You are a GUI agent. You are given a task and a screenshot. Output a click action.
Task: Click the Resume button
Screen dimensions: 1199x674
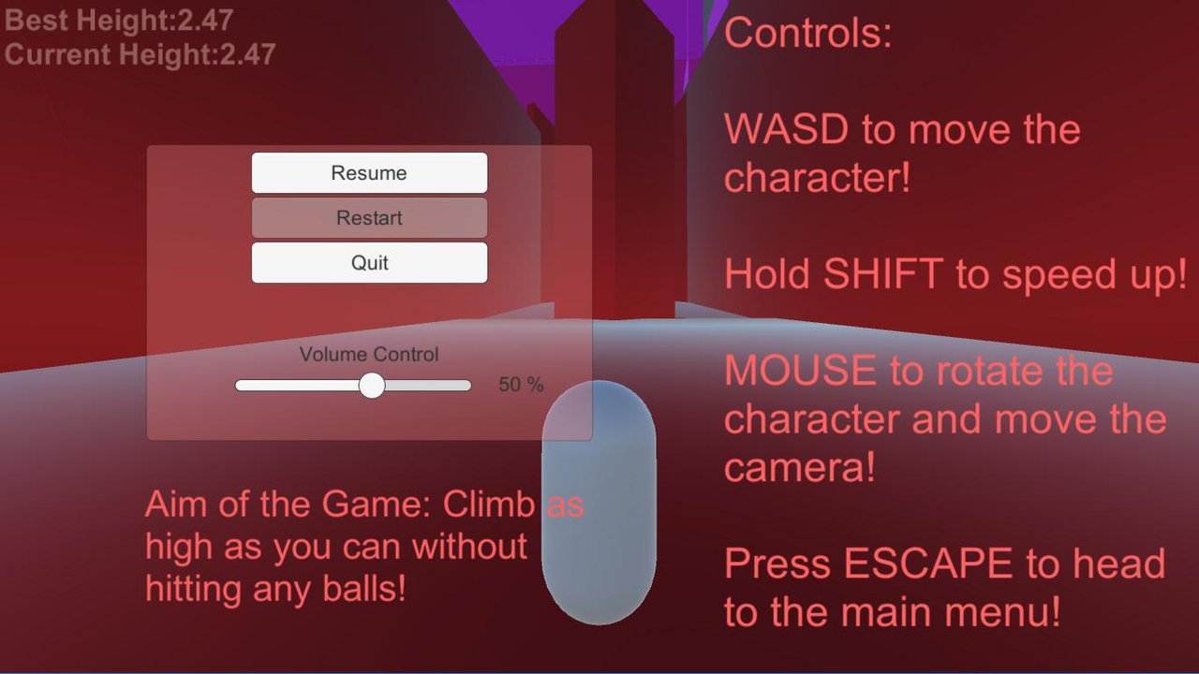pos(369,173)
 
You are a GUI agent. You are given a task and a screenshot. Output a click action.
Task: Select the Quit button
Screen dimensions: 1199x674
pos(369,263)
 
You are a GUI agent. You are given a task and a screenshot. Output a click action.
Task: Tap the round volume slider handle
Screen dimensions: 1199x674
pos(372,385)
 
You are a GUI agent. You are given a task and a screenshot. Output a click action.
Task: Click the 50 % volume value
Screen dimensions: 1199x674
pos(521,384)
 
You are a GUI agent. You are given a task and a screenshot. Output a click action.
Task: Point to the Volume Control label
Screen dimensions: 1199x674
pos(369,354)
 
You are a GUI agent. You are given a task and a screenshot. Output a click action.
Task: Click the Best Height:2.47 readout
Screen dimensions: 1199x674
pos(119,21)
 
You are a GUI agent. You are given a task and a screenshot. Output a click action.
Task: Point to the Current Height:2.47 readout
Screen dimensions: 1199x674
pos(141,54)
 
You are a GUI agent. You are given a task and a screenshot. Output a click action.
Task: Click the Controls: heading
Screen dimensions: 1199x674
pos(807,33)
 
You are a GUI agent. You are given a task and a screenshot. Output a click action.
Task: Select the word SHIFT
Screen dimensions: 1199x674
pos(883,273)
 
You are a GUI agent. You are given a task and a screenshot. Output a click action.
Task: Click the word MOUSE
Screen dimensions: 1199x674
pos(800,370)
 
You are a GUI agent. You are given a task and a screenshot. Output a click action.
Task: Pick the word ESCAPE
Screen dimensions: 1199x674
pos(928,563)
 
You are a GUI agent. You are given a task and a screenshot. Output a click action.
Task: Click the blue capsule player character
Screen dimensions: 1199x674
pos(599,502)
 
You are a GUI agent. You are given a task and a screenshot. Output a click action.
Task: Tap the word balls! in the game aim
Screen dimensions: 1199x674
pos(364,589)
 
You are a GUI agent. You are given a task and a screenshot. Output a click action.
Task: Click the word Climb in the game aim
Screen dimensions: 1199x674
pos(488,504)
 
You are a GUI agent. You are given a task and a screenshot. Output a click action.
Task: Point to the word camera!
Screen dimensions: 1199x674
pos(800,467)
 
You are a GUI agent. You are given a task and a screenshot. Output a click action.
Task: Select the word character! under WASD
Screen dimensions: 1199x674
pos(817,178)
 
